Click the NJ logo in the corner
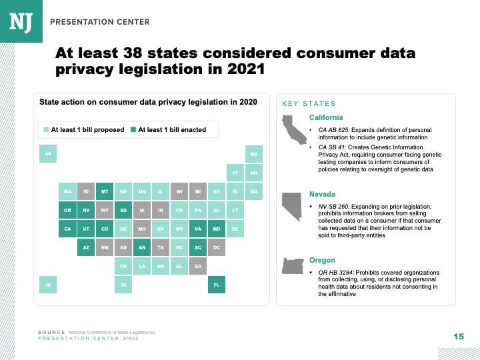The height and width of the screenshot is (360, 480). coord(21,21)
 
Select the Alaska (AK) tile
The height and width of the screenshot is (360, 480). coord(48,155)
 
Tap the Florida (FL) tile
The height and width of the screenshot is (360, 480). coord(217,285)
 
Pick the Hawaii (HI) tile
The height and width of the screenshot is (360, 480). coord(48,285)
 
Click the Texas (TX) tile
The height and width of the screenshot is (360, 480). coord(123,285)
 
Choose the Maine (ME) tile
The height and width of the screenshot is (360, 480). coord(254,155)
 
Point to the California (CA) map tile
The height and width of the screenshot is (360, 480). coord(67,229)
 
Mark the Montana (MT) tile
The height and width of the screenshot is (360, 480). coord(105,192)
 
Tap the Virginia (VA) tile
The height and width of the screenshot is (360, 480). coord(198,229)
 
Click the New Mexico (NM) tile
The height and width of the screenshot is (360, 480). coord(105,247)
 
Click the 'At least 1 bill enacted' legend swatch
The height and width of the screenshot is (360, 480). coord(133,130)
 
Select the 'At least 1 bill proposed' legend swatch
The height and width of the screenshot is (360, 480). coord(46,130)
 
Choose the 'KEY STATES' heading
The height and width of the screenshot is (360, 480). coord(309,104)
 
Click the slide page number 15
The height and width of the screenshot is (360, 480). coord(458,336)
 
